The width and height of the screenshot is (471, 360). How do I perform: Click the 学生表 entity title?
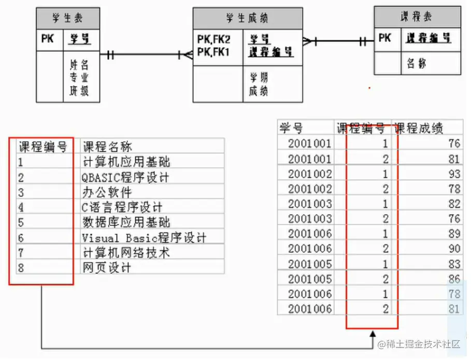67,19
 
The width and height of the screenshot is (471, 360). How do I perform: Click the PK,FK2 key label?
213,39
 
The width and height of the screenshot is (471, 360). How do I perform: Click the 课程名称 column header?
107,147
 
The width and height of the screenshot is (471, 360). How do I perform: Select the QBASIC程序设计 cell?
125,178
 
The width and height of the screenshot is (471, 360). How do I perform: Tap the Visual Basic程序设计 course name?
144,238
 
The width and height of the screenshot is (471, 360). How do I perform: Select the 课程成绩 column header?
419,128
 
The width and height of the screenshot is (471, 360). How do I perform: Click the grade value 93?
454,174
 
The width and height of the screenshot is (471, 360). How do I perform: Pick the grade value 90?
454,249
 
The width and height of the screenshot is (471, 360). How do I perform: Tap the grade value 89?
454,234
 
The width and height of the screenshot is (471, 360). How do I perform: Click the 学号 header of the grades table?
291,128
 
